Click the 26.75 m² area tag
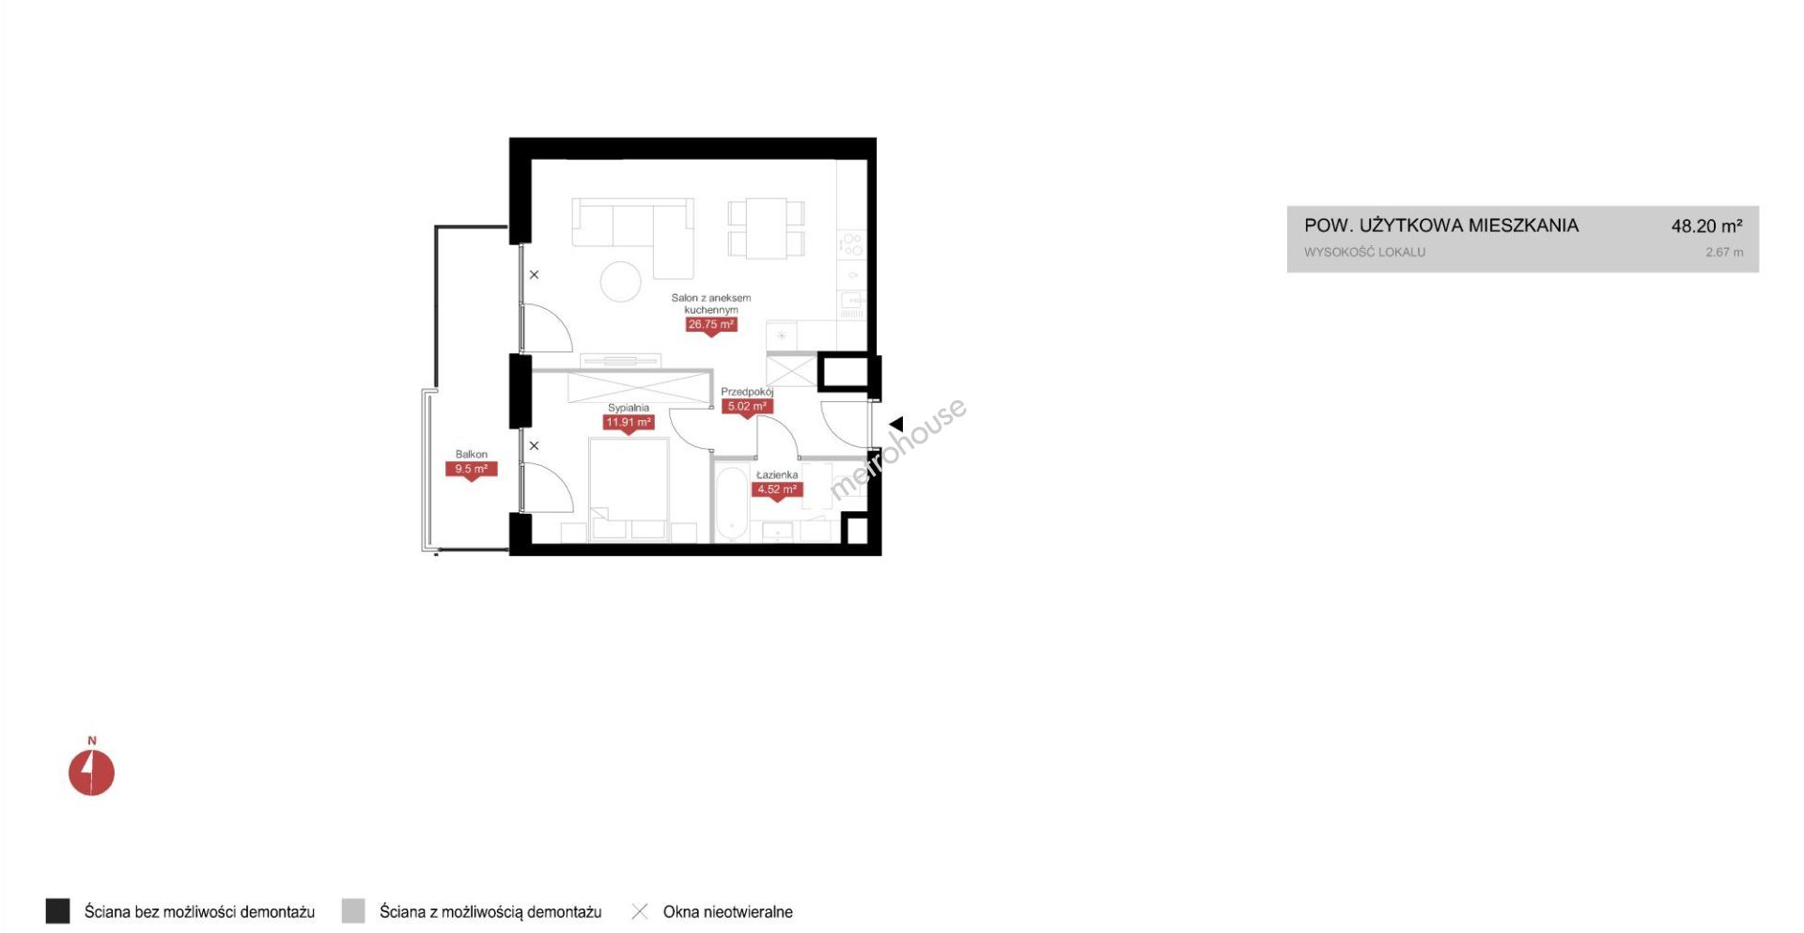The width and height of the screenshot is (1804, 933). tap(710, 325)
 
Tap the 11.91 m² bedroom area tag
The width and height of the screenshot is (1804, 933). tap(629, 423)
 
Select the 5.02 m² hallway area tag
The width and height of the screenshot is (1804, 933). tap(748, 407)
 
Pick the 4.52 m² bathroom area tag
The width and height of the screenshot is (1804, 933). tap(777, 490)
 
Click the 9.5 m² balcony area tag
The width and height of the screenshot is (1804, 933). tap(471, 469)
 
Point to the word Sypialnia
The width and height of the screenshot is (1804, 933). tap(629, 408)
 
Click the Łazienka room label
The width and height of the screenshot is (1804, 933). tap(777, 474)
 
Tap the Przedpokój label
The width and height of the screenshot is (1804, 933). tap(747, 392)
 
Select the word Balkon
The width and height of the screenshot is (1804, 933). tap(471, 454)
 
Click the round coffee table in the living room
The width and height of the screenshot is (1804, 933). tap(621, 281)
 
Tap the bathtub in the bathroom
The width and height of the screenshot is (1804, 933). tap(731, 505)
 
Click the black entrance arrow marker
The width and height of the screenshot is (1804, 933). tap(896, 424)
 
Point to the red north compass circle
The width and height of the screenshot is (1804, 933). tap(91, 772)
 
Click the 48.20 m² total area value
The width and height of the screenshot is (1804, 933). tap(1706, 225)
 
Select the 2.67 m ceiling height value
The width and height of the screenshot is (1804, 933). tap(1724, 252)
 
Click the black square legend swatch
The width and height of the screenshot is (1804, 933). tap(57, 910)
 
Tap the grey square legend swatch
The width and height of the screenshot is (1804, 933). tap(353, 910)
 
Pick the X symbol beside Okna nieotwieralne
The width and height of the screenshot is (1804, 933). tap(640, 911)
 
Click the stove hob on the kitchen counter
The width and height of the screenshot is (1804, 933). tap(852, 244)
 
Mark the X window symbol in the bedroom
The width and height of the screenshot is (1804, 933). tap(534, 445)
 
